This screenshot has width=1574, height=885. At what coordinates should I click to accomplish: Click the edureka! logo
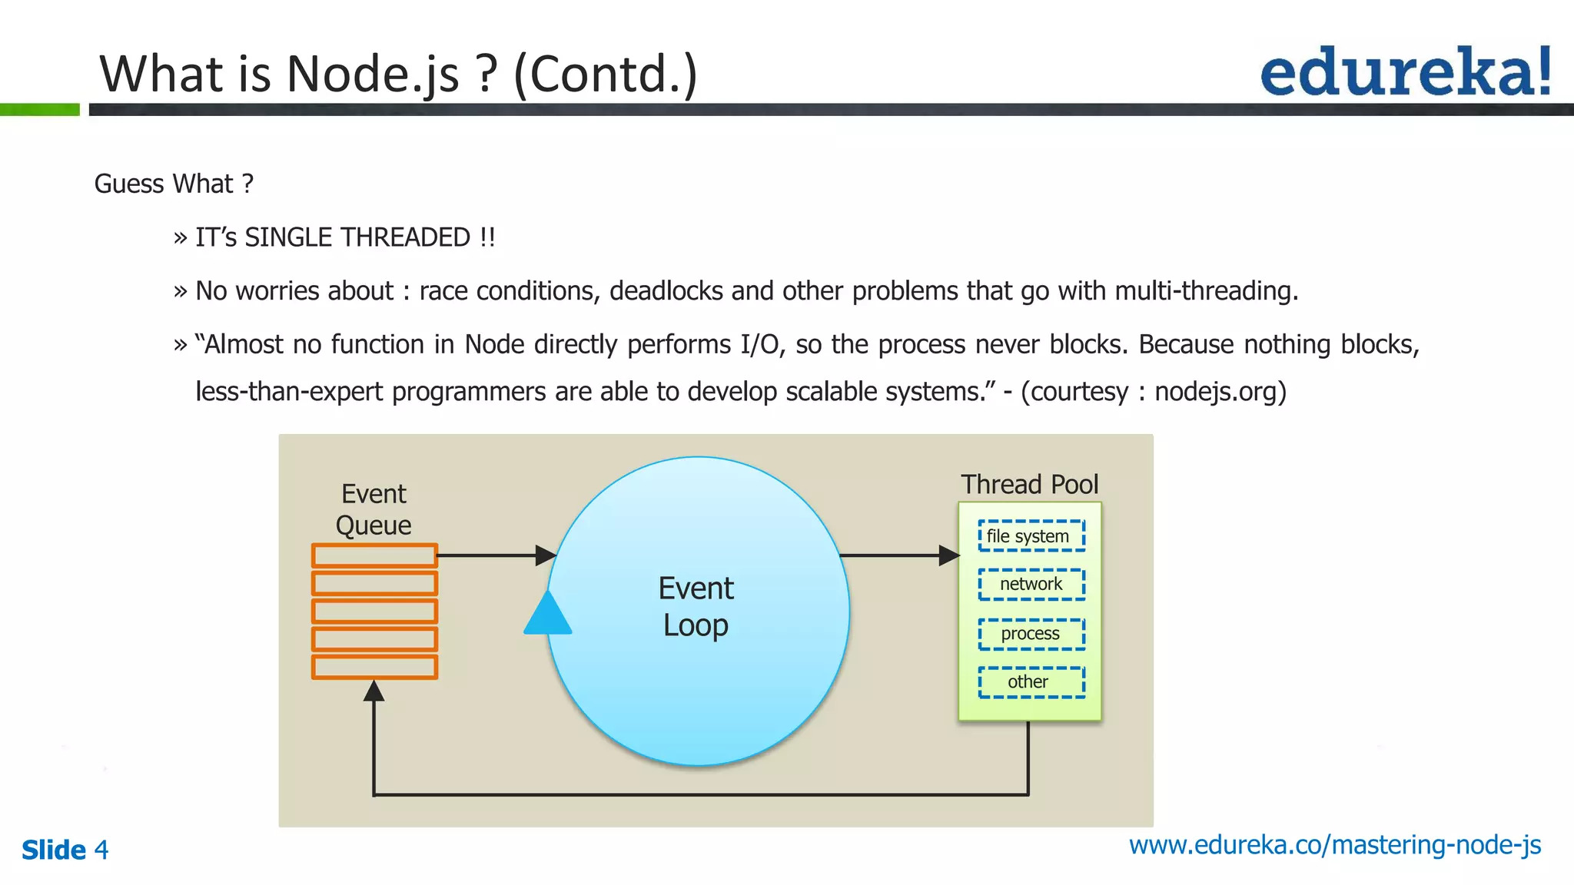click(1405, 72)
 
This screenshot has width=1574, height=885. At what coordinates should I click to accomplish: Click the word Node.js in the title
click(373, 75)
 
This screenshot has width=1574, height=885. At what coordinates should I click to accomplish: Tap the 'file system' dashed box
click(1031, 536)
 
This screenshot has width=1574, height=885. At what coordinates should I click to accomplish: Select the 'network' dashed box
click(1031, 585)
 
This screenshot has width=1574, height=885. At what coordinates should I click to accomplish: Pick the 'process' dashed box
click(1031, 634)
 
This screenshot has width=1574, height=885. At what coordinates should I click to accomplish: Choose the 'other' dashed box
click(1031, 682)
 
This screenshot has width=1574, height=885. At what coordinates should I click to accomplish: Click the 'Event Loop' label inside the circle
click(696, 607)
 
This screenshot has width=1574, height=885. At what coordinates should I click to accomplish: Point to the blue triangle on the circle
click(548, 615)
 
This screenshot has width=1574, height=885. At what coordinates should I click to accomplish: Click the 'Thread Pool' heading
click(1029, 485)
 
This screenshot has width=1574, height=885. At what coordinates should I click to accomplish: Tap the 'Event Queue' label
click(374, 509)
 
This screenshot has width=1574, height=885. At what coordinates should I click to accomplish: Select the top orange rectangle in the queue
click(374, 555)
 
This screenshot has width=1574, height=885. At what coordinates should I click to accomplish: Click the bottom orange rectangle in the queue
click(374, 667)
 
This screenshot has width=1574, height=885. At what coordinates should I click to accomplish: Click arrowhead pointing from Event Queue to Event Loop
click(546, 555)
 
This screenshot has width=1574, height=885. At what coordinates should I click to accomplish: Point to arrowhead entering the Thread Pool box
click(949, 555)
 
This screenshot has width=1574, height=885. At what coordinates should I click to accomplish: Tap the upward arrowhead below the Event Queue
click(374, 691)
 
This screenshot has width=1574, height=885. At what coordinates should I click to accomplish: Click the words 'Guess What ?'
click(174, 184)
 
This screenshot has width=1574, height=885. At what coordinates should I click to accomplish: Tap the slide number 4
click(101, 850)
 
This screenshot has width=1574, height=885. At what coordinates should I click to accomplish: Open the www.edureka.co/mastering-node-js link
click(1334, 845)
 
